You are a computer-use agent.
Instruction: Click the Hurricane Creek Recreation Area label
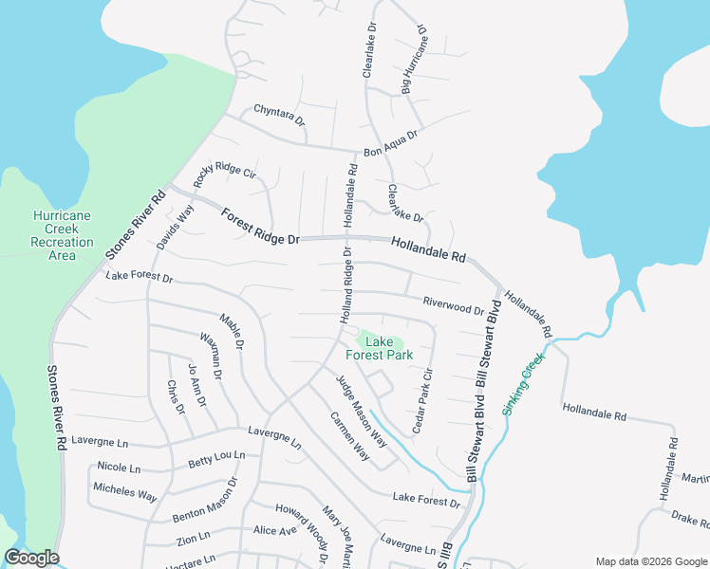pyautogui.click(x=62, y=235)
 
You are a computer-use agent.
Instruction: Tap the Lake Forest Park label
pyautogui.click(x=379, y=348)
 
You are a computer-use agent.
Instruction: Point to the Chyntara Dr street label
pyautogui.click(x=279, y=117)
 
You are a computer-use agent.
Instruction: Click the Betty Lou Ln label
pyautogui.click(x=215, y=459)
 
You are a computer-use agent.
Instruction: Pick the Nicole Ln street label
pyautogui.click(x=119, y=467)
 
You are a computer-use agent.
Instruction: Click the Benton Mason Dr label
pyautogui.click(x=205, y=510)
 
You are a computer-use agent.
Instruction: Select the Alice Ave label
pyautogui.click(x=275, y=530)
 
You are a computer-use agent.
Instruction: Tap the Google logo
pyautogui.click(x=31, y=558)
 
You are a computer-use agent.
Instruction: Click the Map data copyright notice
pyautogui.click(x=650, y=560)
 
